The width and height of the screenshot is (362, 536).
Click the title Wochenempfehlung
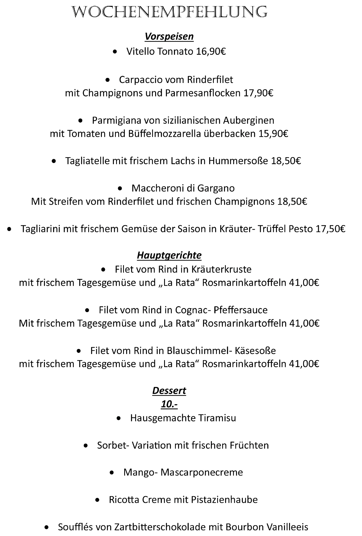pyautogui.click(x=170, y=12)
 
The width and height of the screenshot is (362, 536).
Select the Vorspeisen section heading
pyautogui.click(x=169, y=36)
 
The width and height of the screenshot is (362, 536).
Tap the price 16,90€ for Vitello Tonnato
pyautogui.click(x=211, y=51)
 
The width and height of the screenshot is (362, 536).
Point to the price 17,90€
pyautogui.click(x=258, y=93)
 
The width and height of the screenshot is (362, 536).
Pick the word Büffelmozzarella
pyautogui.click(x=165, y=134)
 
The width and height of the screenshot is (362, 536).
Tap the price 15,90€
pyautogui.click(x=273, y=134)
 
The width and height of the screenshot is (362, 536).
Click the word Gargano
pyautogui.click(x=216, y=188)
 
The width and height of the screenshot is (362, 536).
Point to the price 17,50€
pyautogui.click(x=330, y=229)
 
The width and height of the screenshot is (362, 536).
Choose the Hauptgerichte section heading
pyautogui.click(x=169, y=255)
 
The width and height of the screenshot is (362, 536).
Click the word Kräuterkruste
pyautogui.click(x=222, y=269)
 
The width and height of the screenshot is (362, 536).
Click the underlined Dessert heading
pyautogui.click(x=169, y=391)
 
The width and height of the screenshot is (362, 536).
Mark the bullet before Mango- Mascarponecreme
pyautogui.click(x=112, y=473)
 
